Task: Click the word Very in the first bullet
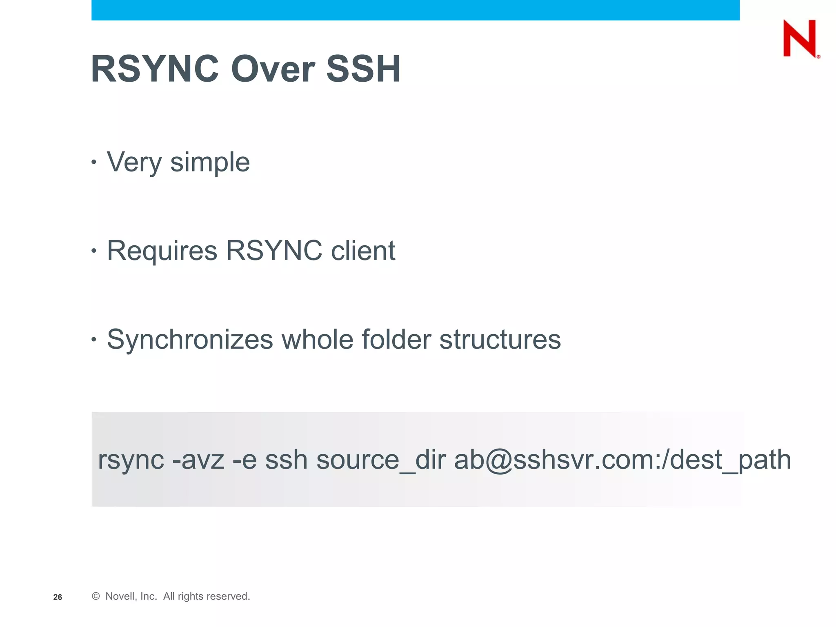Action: (x=134, y=162)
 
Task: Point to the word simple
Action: (x=210, y=162)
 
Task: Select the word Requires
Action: (x=162, y=251)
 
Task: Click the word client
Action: (x=363, y=251)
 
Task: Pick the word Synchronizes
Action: (x=190, y=340)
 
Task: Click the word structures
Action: (x=500, y=340)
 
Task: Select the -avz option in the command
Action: (x=198, y=460)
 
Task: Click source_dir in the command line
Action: (x=381, y=460)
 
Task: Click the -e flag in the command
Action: (x=245, y=460)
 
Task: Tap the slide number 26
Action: (x=58, y=597)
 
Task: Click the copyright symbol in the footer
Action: (x=96, y=596)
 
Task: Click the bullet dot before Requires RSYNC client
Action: (x=94, y=251)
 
